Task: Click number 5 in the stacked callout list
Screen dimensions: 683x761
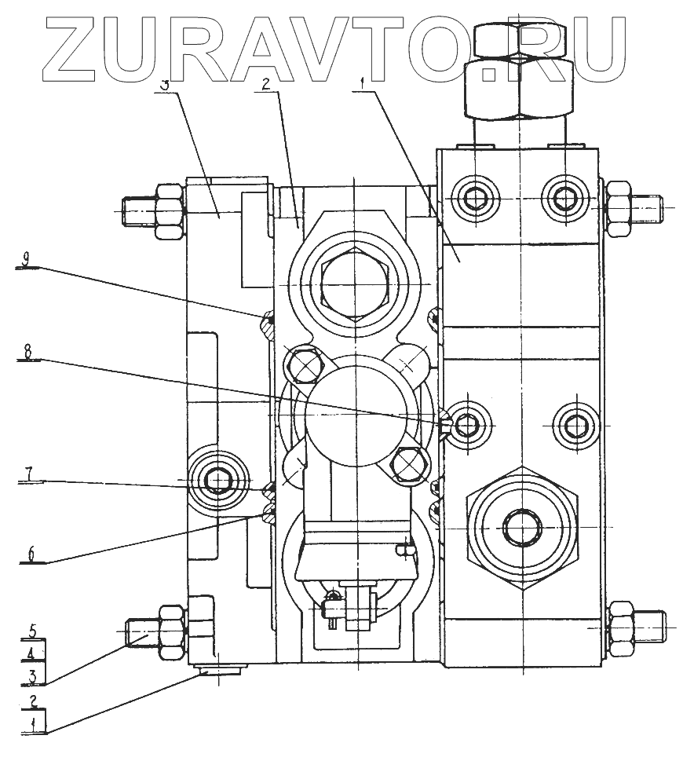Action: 32,630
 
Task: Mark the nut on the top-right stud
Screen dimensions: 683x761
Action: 618,206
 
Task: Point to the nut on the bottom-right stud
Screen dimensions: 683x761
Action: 619,626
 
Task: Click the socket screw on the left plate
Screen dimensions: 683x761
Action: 216,481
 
